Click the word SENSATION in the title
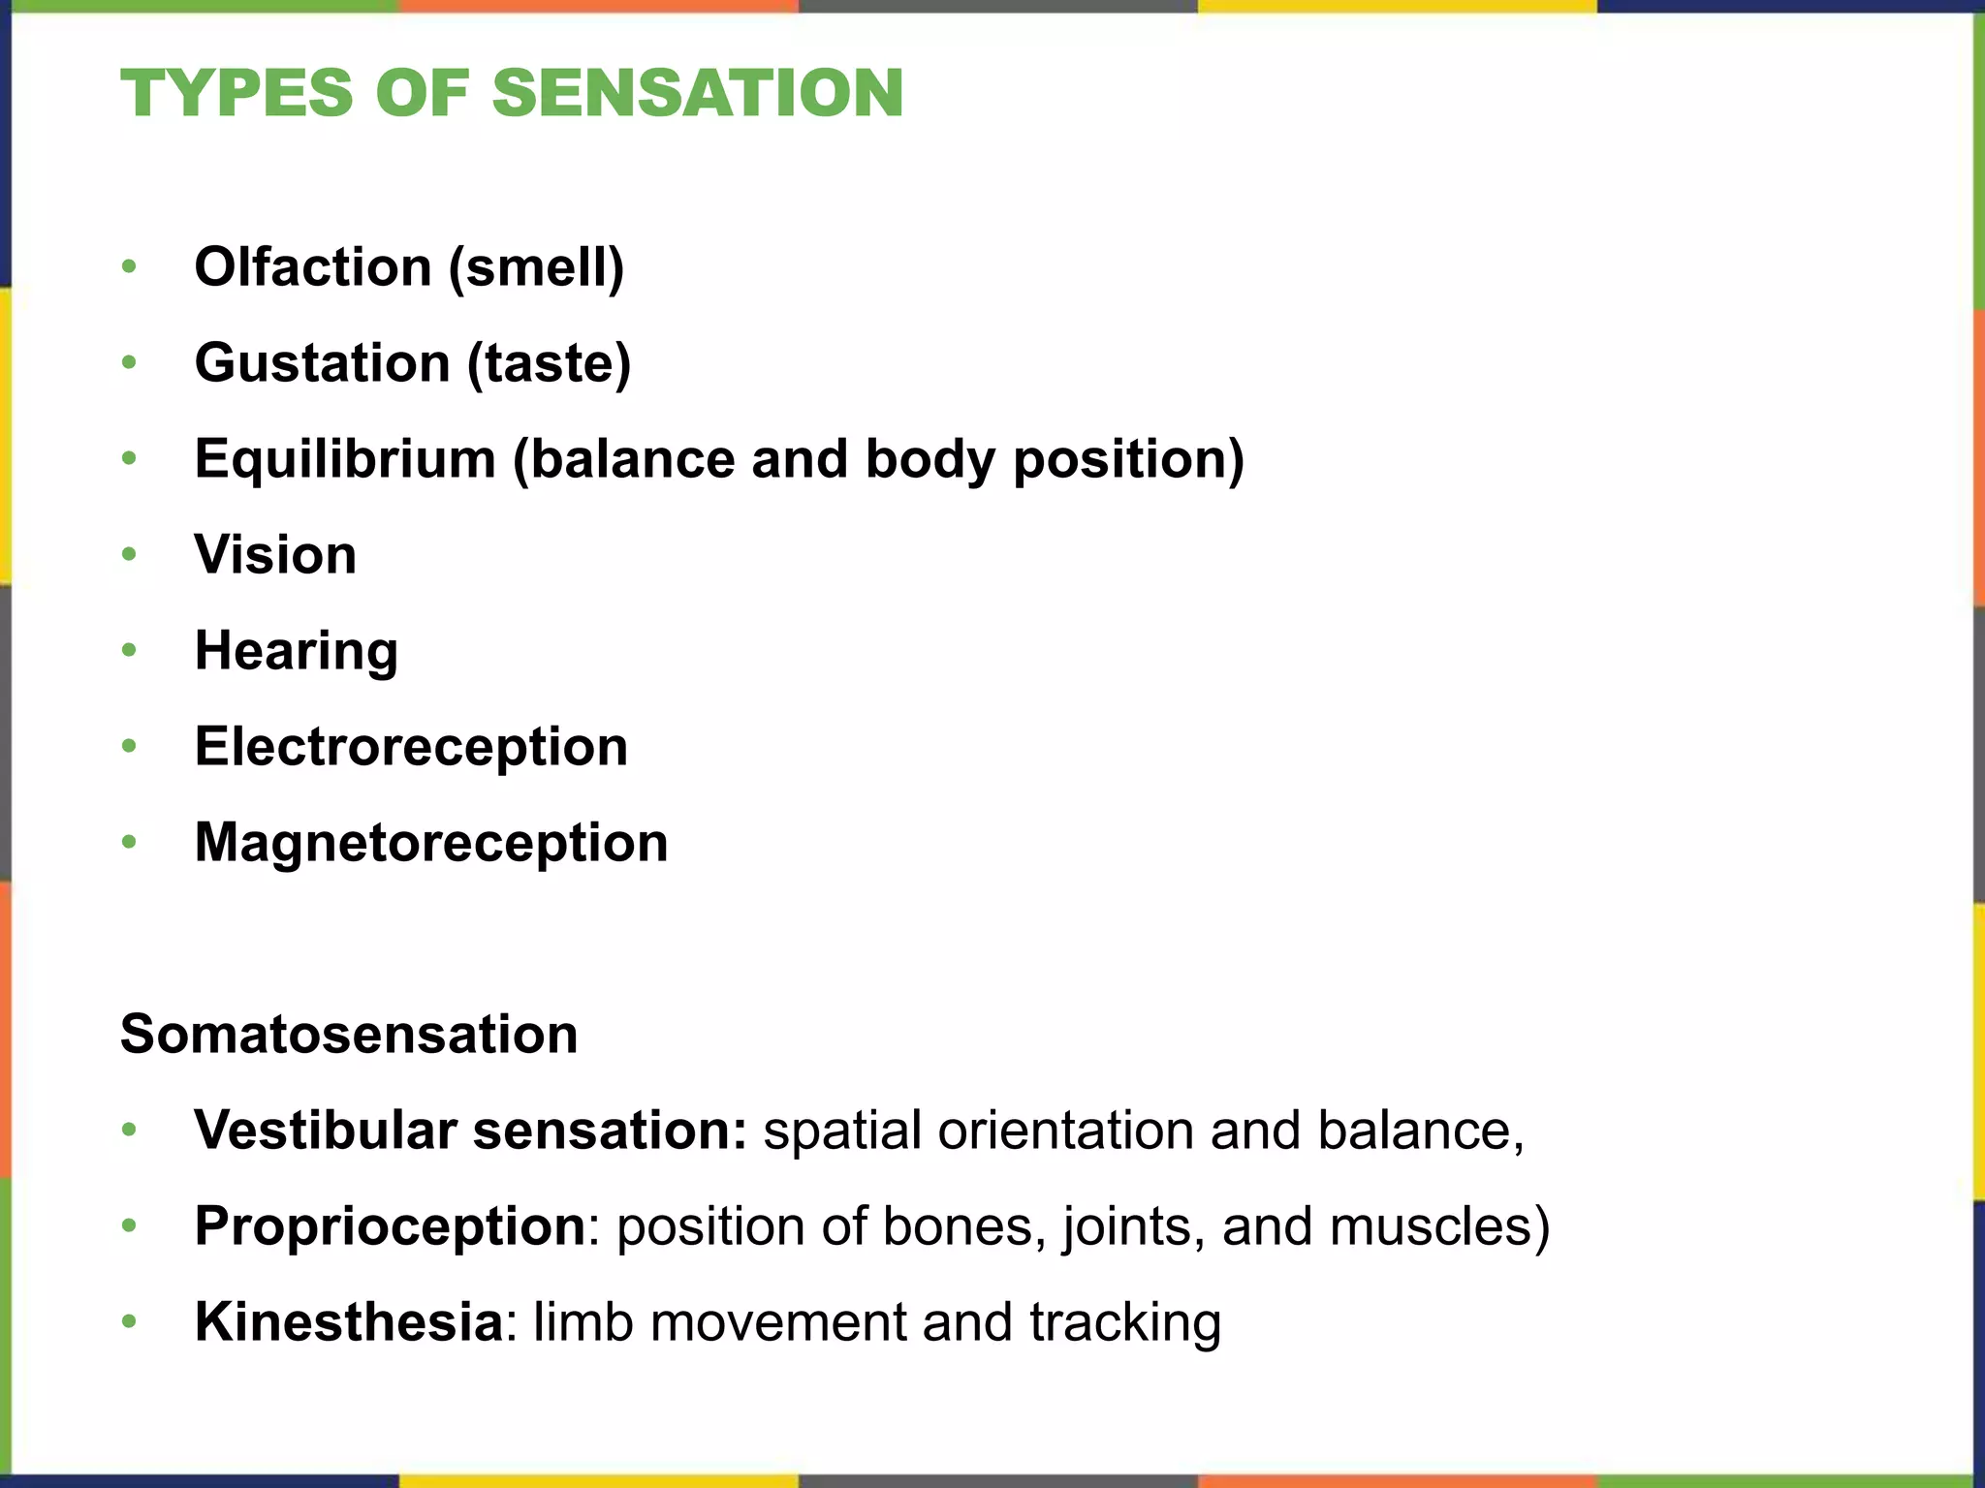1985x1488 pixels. click(x=698, y=94)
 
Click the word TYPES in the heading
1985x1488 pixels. click(x=236, y=94)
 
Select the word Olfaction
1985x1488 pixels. click(x=313, y=266)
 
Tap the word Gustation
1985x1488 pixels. click(x=322, y=362)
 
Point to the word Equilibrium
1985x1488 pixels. click(x=345, y=458)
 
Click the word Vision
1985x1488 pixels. click(x=275, y=554)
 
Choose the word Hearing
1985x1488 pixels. click(x=296, y=651)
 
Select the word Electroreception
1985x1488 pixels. click(x=411, y=747)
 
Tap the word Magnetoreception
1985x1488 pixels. click(x=431, y=843)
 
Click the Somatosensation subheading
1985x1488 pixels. click(x=349, y=1034)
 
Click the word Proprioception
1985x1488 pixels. click(x=390, y=1226)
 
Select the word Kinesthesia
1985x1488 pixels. click(x=348, y=1322)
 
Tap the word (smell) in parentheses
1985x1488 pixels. click(x=536, y=267)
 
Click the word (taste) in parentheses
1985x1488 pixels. click(x=549, y=363)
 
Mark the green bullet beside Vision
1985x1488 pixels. click(x=130, y=555)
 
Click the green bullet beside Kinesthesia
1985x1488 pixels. click(x=130, y=1322)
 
